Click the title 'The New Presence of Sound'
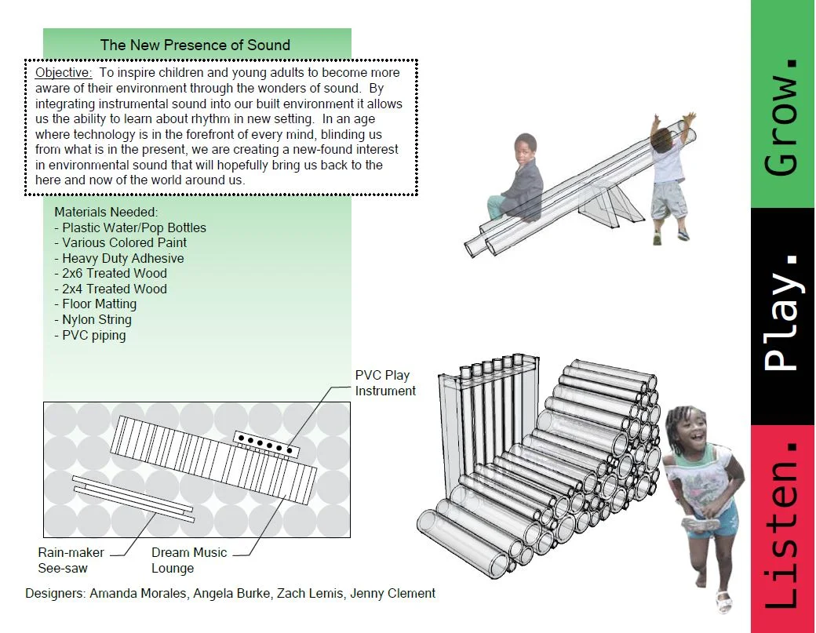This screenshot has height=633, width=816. tap(195, 45)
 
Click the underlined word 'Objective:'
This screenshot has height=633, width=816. tap(64, 73)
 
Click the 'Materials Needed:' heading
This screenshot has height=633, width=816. tap(106, 213)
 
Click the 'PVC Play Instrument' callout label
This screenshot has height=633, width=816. tap(385, 383)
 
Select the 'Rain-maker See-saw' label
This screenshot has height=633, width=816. tap(71, 560)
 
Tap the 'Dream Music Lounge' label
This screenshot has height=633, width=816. tap(188, 560)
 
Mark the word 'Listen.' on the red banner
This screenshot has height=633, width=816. tap(781, 526)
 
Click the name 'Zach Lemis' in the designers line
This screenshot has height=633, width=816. tap(307, 593)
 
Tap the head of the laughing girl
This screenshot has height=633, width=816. tap(688, 430)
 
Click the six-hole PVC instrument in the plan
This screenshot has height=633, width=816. tap(267, 443)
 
